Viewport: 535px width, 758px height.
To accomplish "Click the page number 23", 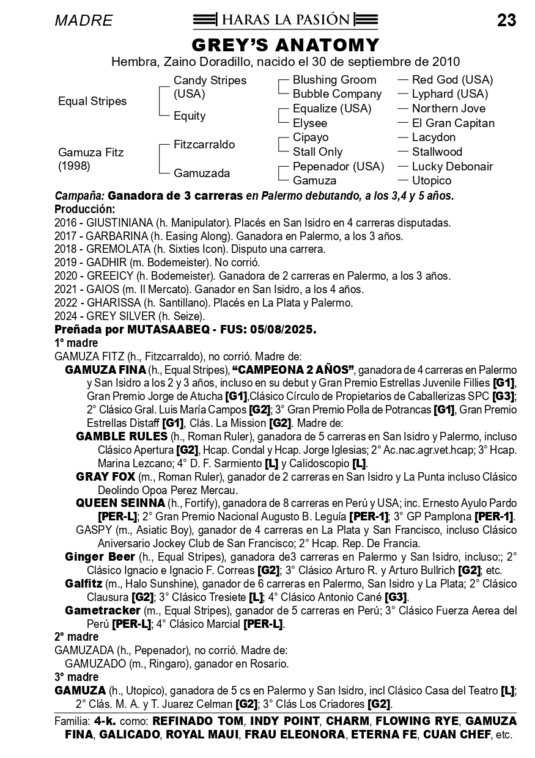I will pyautogui.click(x=506, y=21).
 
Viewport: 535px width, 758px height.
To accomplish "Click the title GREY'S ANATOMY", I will pyautogui.click(x=286, y=45).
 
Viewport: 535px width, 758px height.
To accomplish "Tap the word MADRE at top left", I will pyautogui.click(x=84, y=21).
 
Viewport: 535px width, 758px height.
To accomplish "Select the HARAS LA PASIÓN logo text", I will pyautogui.click(x=286, y=20).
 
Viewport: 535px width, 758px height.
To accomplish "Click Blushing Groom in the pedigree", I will pyautogui.click(x=334, y=80).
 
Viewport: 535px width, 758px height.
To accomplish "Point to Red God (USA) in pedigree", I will pyautogui.click(x=452, y=80).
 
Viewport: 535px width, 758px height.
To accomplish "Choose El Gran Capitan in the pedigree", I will pyautogui.click(x=453, y=123).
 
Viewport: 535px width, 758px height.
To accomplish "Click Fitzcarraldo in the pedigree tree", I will pyautogui.click(x=204, y=145).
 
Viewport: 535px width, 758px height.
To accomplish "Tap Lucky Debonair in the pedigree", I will pyautogui.click(x=452, y=166).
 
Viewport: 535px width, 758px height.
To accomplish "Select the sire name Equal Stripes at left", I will pyautogui.click(x=92, y=101).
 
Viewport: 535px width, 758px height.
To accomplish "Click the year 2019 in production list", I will pyautogui.click(x=66, y=263).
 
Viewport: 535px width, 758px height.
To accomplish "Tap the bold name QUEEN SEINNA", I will pyautogui.click(x=120, y=503).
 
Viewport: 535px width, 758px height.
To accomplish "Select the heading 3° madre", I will pyautogui.click(x=76, y=677).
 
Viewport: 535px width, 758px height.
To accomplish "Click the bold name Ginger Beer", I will pyautogui.click(x=100, y=556).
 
